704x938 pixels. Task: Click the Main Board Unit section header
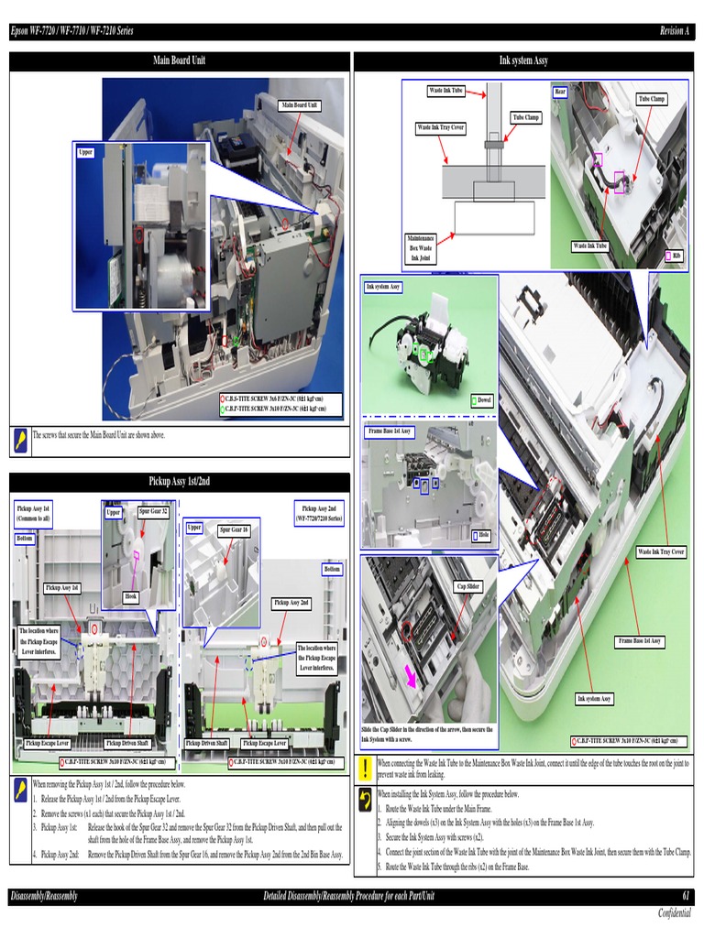coord(179,60)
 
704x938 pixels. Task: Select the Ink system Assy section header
coord(523,60)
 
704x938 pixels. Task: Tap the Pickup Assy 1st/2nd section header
coord(179,481)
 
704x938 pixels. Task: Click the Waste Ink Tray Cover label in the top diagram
coord(441,127)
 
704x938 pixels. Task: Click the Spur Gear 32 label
coord(152,511)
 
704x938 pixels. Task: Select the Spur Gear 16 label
coord(233,530)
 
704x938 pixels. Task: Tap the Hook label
coord(131,596)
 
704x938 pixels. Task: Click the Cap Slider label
coord(467,586)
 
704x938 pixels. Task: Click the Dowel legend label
coord(485,400)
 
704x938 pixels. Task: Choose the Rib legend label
coord(676,255)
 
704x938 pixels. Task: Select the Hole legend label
coord(483,536)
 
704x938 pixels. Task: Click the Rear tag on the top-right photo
coord(560,92)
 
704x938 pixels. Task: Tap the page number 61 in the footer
coord(686,895)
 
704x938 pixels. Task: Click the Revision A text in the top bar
coord(674,31)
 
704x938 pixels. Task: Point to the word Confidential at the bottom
coord(674,913)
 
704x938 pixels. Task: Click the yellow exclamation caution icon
coord(365,768)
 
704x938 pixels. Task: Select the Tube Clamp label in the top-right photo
coord(652,99)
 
